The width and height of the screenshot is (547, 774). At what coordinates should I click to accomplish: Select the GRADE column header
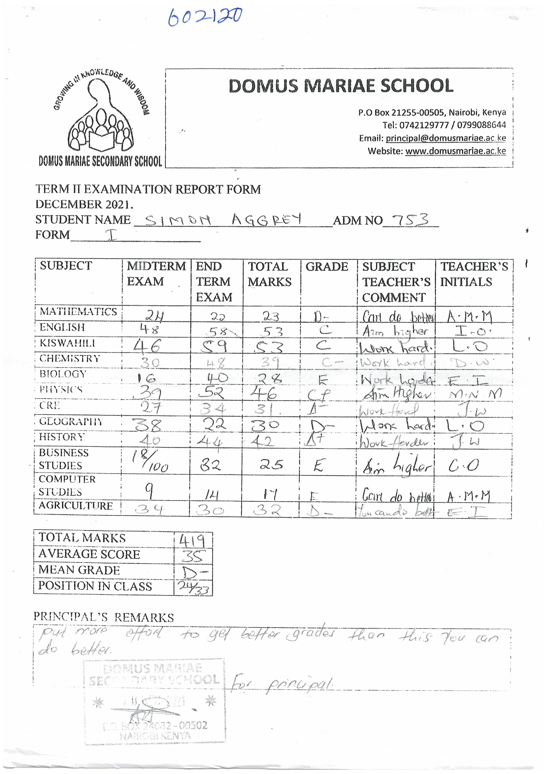coord(327,267)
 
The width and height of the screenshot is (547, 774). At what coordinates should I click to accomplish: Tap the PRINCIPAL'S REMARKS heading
coord(104,617)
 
